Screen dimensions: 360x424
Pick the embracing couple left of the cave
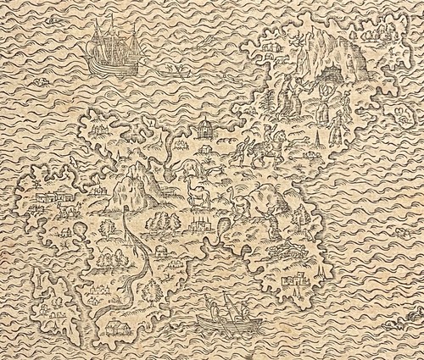tap(293, 89)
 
